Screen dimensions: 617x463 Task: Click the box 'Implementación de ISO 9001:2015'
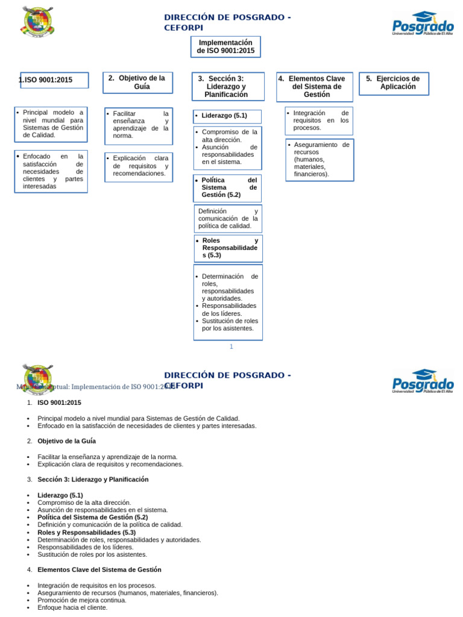coord(225,47)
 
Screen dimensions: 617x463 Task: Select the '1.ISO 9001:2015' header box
coord(54,80)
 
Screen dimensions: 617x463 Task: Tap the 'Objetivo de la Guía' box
coord(137,83)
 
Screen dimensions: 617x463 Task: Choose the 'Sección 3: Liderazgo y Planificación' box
coord(226,86)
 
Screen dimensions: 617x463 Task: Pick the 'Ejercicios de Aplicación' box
coord(394,83)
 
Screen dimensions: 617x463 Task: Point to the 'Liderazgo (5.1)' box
coord(227,116)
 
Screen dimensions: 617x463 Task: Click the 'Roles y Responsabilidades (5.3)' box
coord(227,248)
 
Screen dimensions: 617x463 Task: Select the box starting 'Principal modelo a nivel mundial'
coord(51,124)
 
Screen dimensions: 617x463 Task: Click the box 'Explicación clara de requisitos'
coord(138,166)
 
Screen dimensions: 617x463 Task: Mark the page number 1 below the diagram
coord(231,346)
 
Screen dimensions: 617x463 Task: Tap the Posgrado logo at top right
coord(423,23)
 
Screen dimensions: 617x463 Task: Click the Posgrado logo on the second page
coord(423,381)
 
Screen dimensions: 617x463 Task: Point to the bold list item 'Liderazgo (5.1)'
coord(60,495)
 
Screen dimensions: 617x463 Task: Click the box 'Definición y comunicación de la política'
coord(227,219)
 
